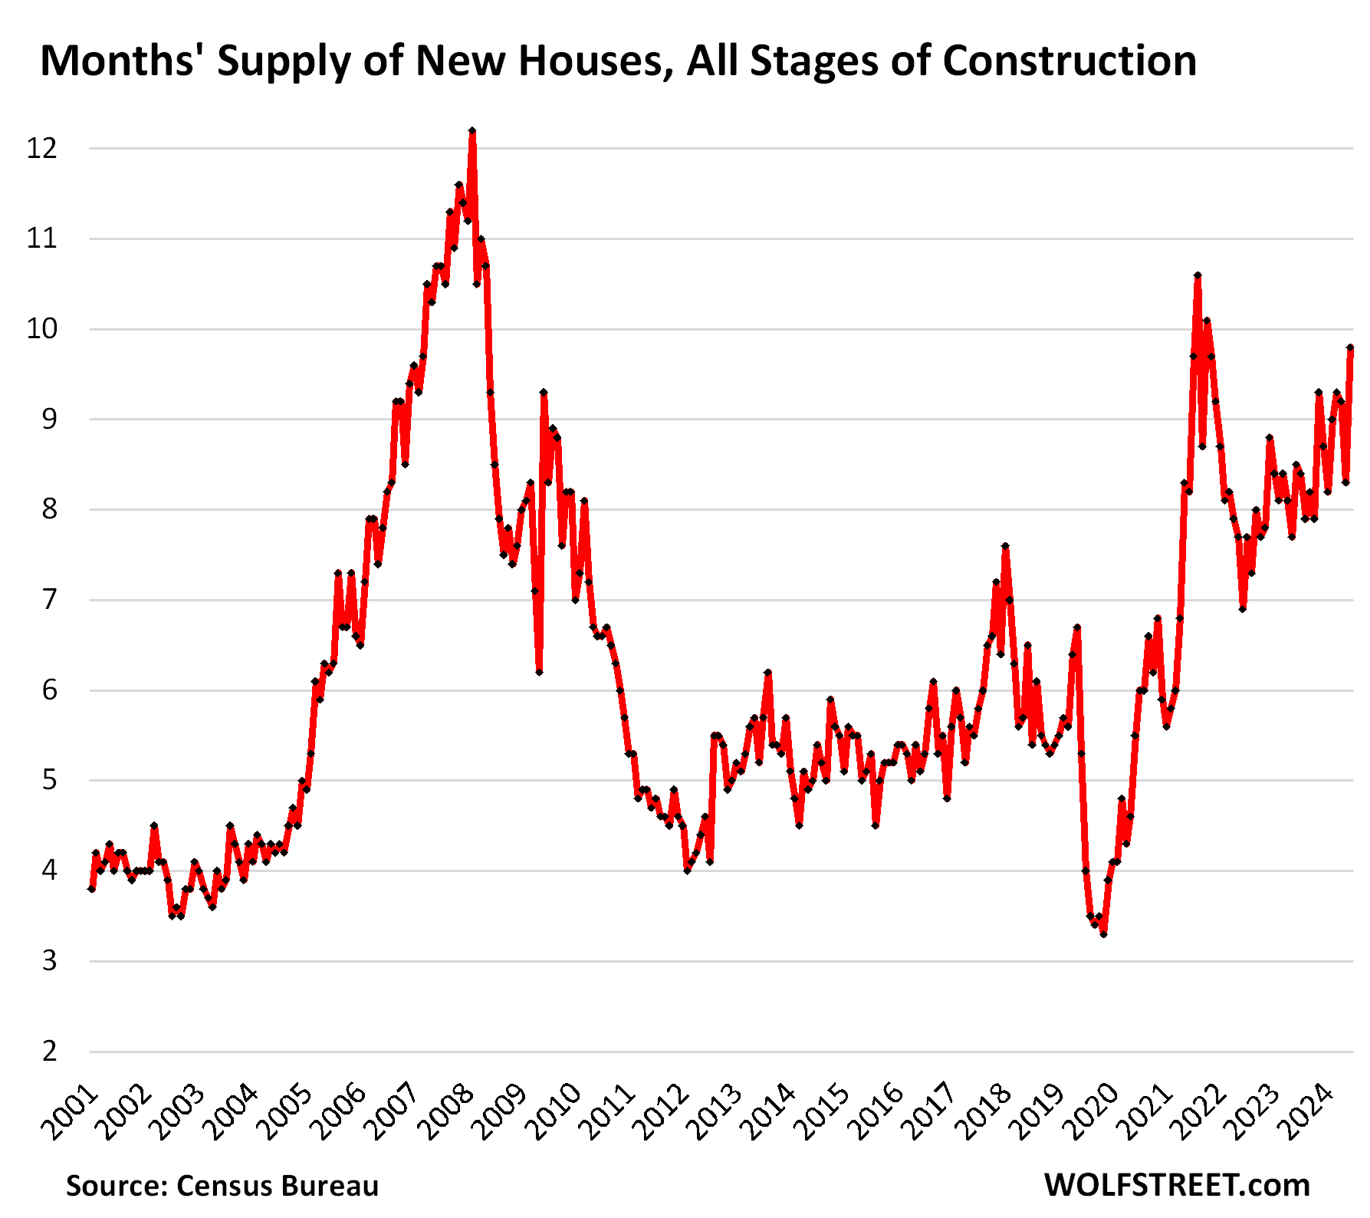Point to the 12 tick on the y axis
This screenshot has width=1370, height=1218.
(x=42, y=148)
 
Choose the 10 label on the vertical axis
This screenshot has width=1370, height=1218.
(x=42, y=329)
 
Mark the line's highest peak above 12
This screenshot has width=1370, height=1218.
(x=472, y=131)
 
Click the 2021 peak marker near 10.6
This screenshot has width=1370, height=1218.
(x=1198, y=275)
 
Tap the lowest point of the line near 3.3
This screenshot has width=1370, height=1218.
(x=1103, y=934)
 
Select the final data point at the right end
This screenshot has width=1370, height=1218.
(x=1350, y=347)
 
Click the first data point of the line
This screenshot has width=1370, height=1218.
(x=91, y=889)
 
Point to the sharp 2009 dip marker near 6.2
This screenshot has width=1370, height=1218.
(x=540, y=672)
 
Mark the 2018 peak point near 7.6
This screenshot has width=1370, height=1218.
(x=1005, y=546)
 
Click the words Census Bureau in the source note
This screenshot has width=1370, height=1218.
(x=278, y=1186)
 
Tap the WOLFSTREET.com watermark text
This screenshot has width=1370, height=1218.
(x=1177, y=1186)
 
